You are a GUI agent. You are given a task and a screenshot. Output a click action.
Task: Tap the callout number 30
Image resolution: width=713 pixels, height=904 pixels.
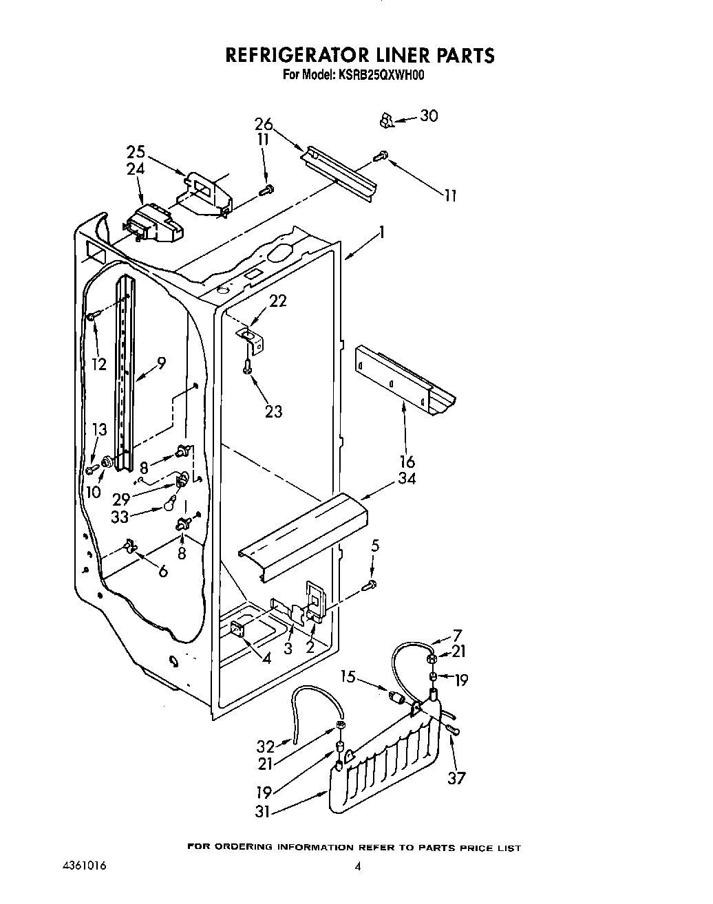[428, 116]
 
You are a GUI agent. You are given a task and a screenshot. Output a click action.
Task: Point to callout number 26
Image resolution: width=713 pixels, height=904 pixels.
[264, 125]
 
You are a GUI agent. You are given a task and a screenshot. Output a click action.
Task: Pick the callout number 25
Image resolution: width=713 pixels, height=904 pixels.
[136, 153]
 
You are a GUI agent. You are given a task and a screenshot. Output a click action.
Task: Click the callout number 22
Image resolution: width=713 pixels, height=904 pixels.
[278, 301]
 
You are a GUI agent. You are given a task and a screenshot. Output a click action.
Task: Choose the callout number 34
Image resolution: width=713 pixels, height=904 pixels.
[407, 478]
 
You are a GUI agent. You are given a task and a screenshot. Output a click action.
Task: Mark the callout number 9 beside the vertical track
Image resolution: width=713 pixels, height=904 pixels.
[160, 363]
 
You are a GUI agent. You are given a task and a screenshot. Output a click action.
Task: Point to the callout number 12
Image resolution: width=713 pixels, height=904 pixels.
[99, 364]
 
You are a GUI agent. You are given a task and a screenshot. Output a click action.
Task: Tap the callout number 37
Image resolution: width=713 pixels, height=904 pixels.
[456, 778]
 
